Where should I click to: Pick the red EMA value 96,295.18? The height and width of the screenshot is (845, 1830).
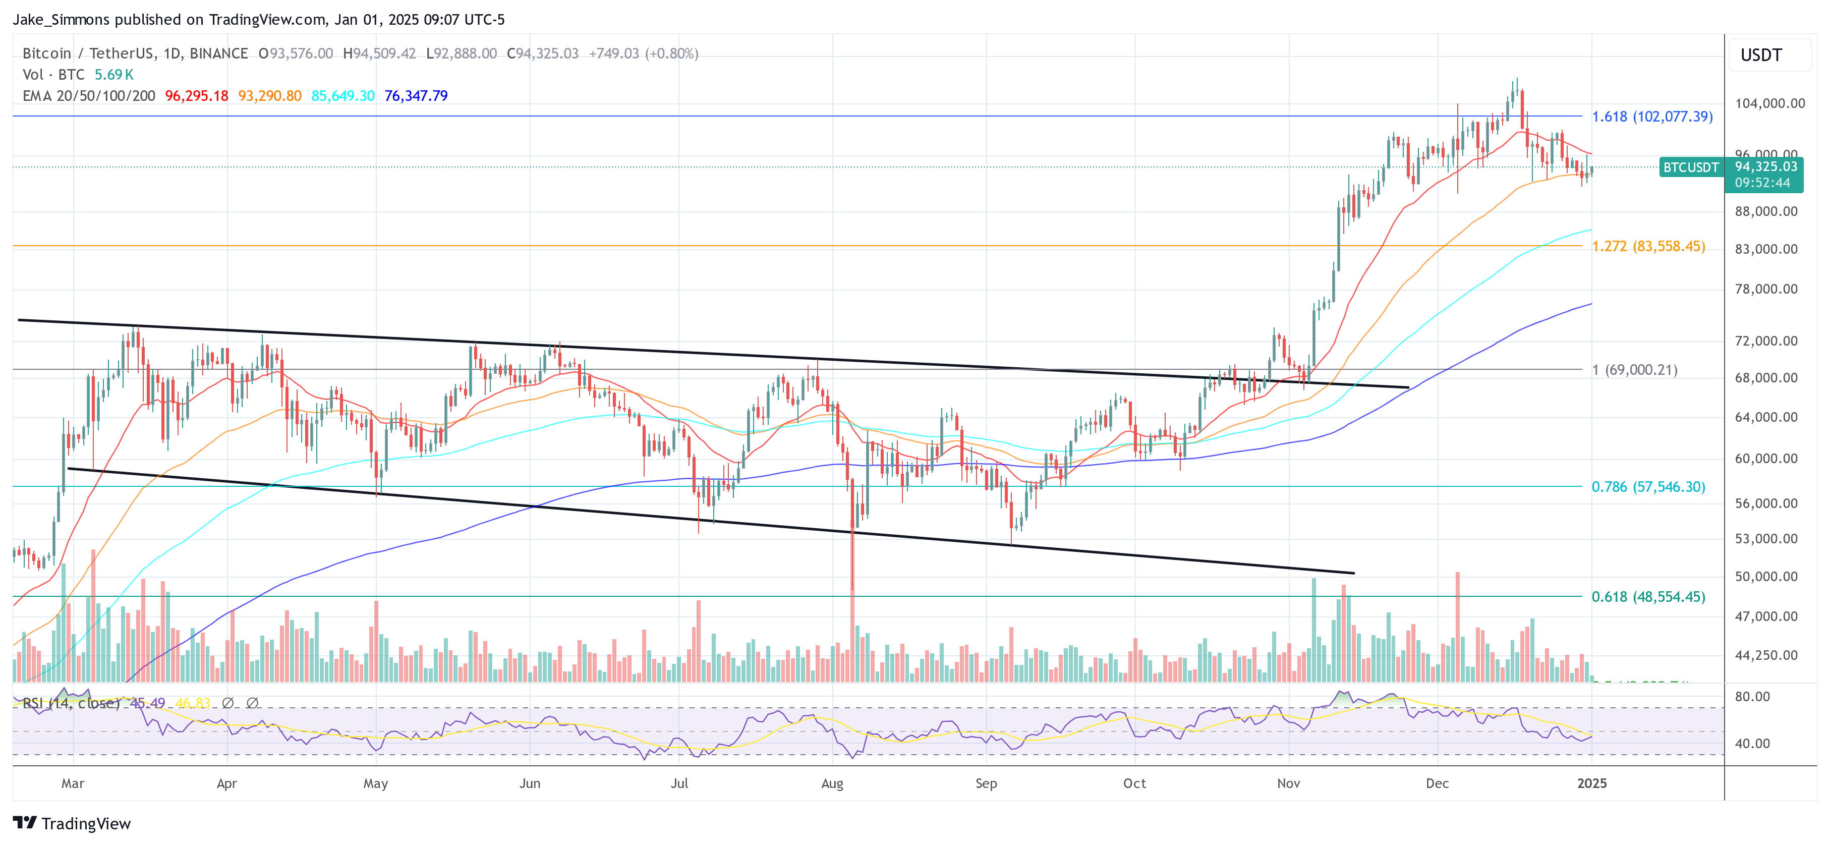coord(196,95)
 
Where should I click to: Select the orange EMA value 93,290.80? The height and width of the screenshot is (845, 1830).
coord(269,95)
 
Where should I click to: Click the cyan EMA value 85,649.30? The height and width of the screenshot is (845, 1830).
coord(342,95)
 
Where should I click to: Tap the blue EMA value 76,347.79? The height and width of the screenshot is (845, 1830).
coord(416,95)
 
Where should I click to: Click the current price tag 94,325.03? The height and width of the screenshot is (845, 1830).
coord(1765,167)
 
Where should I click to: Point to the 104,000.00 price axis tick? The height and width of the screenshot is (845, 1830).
coord(1769,103)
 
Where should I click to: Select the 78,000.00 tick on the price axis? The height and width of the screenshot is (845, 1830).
coord(1769,289)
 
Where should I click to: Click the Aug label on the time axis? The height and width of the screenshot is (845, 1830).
coord(832,783)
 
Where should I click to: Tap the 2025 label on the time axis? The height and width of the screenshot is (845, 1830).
coord(1591,783)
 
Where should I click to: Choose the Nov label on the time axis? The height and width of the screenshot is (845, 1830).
coord(1288,783)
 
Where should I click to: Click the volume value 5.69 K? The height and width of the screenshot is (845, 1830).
coord(113,75)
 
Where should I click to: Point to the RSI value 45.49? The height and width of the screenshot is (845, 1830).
coord(148,703)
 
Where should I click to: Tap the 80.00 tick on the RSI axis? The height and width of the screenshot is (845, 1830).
coord(1752,697)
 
